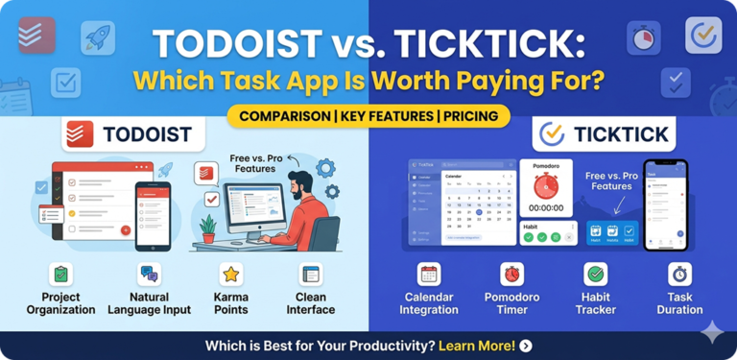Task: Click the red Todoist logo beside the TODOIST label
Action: [81, 135]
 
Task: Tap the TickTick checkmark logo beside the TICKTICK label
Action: [551, 134]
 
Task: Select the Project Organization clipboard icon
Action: [60, 275]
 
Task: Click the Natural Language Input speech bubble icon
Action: [149, 275]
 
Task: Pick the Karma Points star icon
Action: [230, 275]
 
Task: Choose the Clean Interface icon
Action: [310, 275]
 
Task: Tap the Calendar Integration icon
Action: [429, 274]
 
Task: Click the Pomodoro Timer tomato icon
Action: [512, 274]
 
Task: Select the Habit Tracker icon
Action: [595, 274]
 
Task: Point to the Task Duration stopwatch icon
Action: [679, 274]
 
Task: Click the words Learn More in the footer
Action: [480, 346]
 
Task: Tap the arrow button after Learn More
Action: [526, 346]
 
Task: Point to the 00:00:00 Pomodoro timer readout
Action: [546, 206]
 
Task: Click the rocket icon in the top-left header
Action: [97, 37]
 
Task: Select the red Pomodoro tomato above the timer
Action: [545, 182]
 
